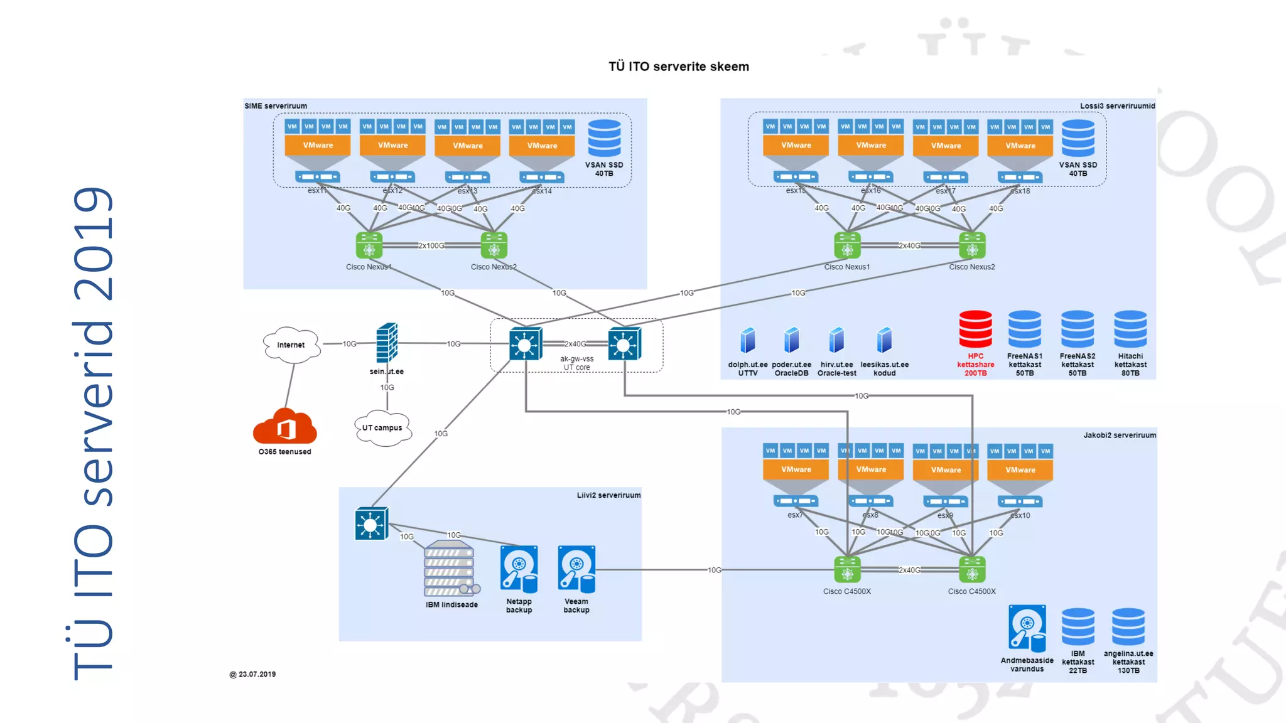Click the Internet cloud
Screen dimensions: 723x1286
click(291, 345)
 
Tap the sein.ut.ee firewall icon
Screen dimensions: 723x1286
click(387, 343)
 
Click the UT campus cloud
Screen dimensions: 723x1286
click(382, 428)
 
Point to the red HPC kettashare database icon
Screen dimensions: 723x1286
click(975, 329)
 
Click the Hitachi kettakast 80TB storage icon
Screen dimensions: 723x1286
click(1130, 329)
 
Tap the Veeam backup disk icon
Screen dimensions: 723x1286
click(576, 569)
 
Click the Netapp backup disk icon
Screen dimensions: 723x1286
click(519, 569)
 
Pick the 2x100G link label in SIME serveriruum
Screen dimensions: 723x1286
click(431, 245)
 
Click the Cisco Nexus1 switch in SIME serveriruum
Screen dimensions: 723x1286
click(369, 245)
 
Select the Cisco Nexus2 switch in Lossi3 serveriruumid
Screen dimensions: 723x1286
click(972, 245)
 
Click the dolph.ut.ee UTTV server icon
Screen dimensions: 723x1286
click(748, 340)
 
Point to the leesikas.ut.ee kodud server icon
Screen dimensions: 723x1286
click(884, 340)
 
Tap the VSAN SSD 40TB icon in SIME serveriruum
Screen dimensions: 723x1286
click(604, 138)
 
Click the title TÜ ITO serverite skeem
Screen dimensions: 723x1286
click(678, 67)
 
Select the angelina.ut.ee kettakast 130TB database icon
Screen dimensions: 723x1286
click(1128, 626)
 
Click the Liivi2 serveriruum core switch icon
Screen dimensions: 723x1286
click(371, 524)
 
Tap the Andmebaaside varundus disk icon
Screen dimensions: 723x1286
click(1027, 628)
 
